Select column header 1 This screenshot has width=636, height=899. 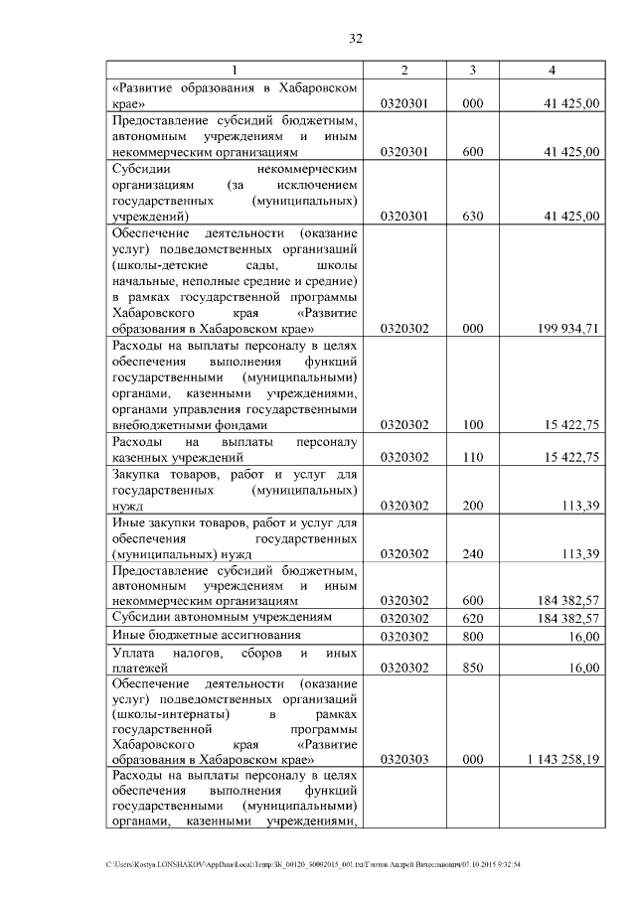[235, 70]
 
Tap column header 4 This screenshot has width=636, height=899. [552, 70]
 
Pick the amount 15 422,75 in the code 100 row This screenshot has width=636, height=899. [566, 425]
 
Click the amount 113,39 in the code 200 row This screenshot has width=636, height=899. [578, 506]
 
